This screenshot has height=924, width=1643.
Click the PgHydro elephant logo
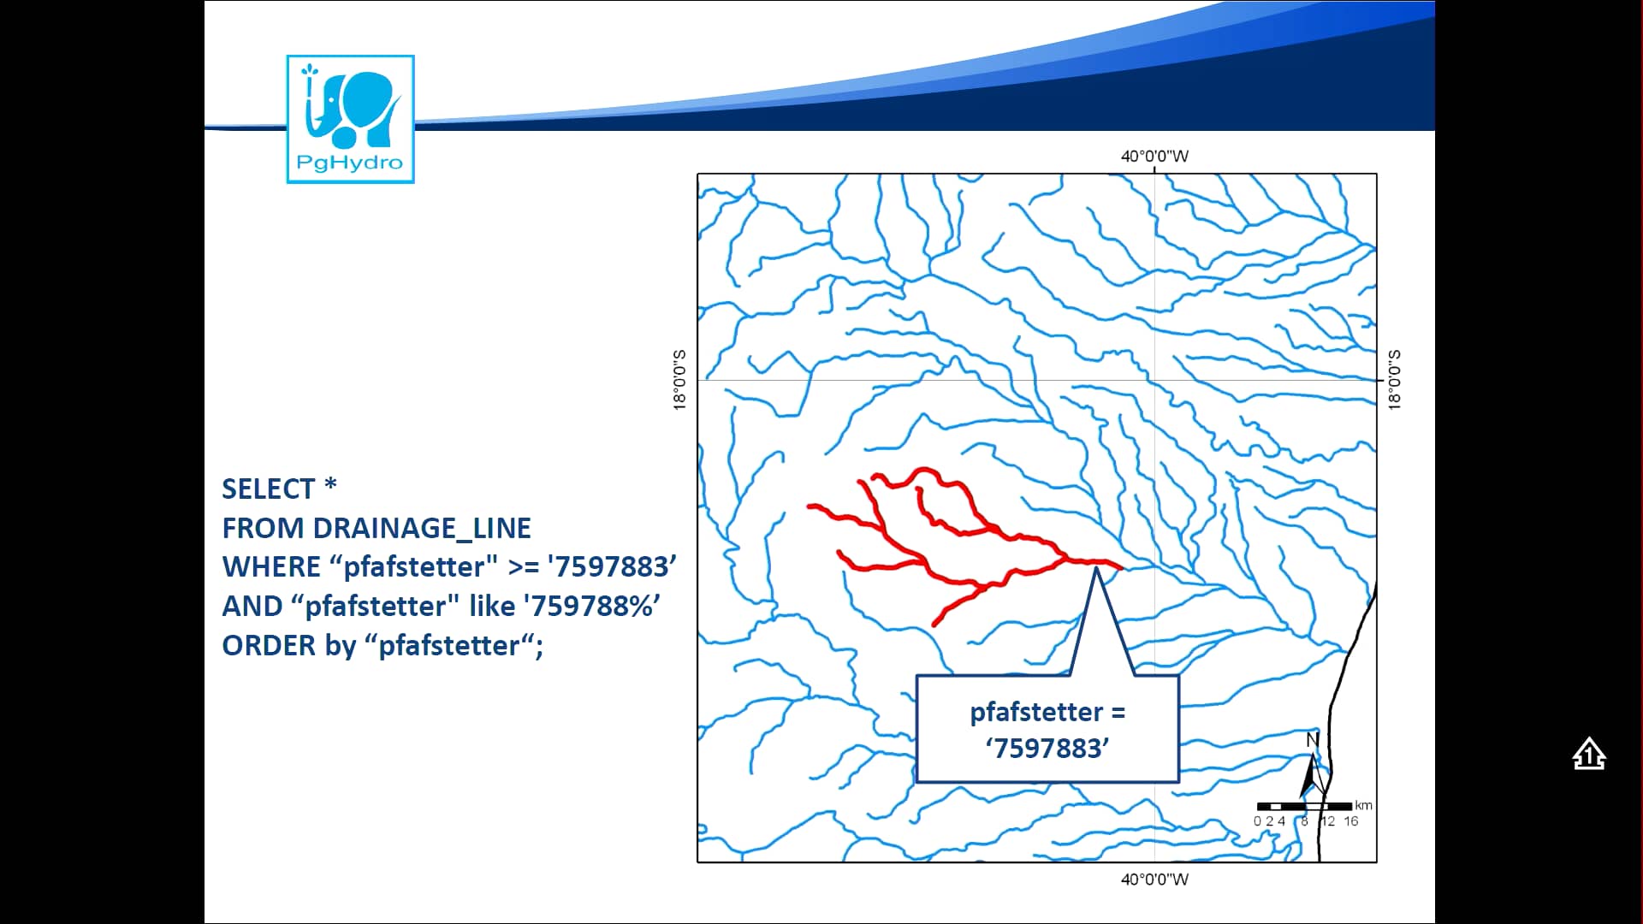pos(350,119)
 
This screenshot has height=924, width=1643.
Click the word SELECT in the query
pos(269,489)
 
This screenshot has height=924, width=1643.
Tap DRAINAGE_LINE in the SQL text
pos(422,528)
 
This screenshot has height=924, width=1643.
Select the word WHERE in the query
pos(271,566)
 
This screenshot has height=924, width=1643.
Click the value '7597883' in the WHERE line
pos(612,566)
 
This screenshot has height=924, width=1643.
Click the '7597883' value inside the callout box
pos(1047,749)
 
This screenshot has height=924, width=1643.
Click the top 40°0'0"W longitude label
pos(1154,157)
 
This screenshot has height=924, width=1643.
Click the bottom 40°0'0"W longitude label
pos(1154,880)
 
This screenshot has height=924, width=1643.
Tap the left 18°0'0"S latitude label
pos(680,380)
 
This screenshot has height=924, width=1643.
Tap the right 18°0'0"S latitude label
pos(1394,380)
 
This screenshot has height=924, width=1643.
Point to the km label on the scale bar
pos(1363,805)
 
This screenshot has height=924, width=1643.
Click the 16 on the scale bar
pos(1350,821)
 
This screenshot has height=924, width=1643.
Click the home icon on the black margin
pos(1589,754)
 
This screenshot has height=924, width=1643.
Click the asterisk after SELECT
pos(331,485)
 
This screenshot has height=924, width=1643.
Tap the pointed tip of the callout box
pos(1096,567)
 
